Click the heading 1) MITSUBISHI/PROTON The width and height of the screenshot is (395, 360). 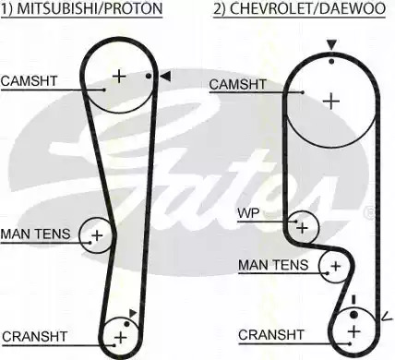(81, 8)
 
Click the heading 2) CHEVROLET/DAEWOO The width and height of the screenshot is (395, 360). (299, 8)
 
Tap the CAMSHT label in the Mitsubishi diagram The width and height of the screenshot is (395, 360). (30, 81)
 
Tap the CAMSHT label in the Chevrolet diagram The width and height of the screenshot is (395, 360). (237, 84)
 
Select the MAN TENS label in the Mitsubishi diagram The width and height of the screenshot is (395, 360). (36, 234)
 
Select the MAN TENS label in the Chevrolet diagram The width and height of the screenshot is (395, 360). (273, 265)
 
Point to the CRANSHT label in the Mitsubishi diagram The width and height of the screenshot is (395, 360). (34, 336)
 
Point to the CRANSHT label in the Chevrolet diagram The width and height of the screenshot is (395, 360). (270, 335)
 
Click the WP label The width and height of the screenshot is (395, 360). (248, 213)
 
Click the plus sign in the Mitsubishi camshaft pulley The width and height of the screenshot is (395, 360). (119, 76)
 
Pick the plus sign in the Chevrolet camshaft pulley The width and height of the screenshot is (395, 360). (331, 102)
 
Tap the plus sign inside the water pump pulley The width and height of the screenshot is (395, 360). (303, 228)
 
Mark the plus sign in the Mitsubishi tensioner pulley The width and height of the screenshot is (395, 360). (97, 235)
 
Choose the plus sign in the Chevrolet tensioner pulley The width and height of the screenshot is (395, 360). (336, 266)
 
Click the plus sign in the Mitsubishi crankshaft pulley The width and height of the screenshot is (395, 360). (120, 338)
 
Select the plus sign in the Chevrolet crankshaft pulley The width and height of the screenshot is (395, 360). (354, 331)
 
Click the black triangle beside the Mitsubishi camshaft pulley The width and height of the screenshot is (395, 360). (165, 77)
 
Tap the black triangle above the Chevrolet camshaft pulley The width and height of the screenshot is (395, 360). (331, 45)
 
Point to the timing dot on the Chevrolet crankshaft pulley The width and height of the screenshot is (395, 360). (353, 315)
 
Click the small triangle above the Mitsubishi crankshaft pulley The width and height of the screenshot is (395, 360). (133, 313)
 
